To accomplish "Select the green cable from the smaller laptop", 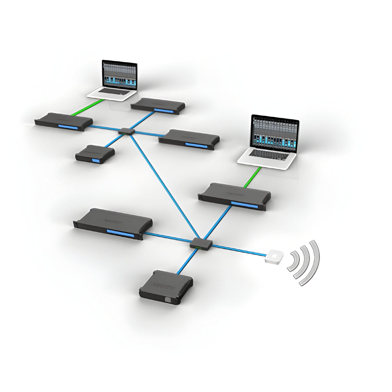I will coord(88,108).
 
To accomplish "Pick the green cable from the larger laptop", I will coord(253,177).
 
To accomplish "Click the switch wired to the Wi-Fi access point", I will coord(201,244).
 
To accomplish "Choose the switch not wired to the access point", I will coord(127,131).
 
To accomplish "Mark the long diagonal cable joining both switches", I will coord(163,186).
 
